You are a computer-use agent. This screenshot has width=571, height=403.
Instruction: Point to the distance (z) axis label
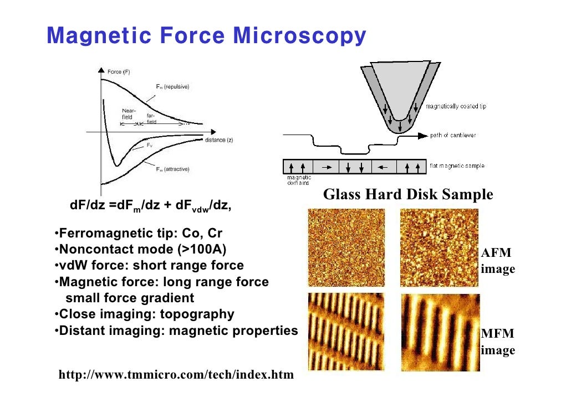(x=219, y=140)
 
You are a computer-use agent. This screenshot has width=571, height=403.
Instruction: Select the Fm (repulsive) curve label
(x=171, y=87)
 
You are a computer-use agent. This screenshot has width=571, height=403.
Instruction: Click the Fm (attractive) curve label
(x=172, y=169)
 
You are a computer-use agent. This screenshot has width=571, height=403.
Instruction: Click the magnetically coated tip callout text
(x=455, y=106)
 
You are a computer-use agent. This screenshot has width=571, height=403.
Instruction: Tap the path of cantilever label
(x=453, y=135)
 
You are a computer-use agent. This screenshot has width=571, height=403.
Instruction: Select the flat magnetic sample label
(x=457, y=166)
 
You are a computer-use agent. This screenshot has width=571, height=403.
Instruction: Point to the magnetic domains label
(x=299, y=180)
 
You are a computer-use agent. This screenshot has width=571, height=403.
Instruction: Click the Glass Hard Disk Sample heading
(x=407, y=195)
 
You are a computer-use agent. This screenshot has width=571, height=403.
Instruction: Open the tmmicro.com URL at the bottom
(x=176, y=375)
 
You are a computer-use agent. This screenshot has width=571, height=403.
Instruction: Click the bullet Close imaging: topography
(x=144, y=314)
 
